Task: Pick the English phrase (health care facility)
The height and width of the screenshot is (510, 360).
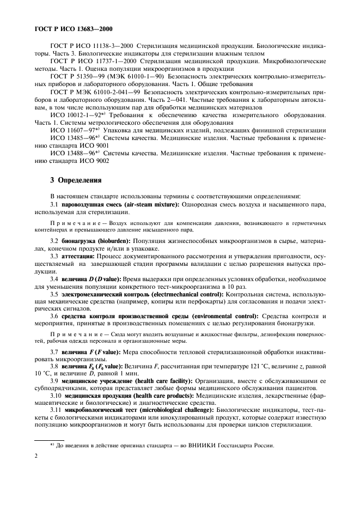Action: tap(151, 382)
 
